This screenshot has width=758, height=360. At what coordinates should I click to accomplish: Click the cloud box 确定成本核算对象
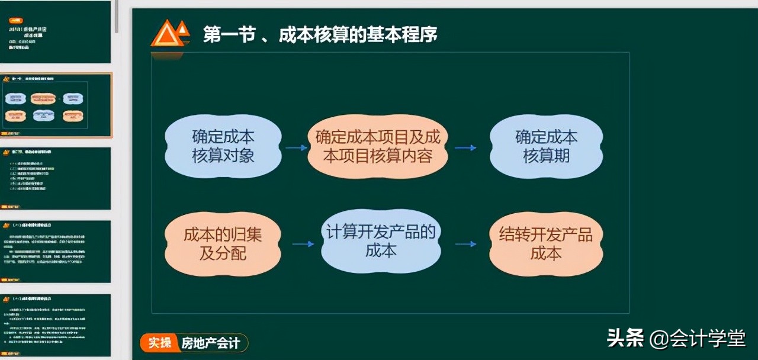(223, 147)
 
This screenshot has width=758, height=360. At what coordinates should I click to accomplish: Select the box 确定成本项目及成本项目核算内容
(378, 147)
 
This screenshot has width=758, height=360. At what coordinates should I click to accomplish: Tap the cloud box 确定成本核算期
(546, 147)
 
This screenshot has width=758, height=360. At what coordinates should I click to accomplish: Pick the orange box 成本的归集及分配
(223, 243)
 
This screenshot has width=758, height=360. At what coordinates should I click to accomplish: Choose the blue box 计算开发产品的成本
(381, 241)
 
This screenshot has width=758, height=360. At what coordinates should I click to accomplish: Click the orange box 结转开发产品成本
(545, 243)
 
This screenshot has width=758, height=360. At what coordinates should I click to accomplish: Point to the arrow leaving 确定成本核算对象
(296, 147)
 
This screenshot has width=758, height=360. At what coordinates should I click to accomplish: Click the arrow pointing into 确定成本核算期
(465, 147)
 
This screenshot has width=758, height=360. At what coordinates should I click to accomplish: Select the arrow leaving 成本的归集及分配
(303, 243)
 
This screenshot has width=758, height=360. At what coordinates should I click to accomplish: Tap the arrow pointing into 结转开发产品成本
(465, 243)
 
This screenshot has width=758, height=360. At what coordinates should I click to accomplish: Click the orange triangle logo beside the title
(170, 34)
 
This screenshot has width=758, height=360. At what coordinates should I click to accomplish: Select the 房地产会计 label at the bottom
(211, 343)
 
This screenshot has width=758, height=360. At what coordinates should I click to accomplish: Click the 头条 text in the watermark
(625, 338)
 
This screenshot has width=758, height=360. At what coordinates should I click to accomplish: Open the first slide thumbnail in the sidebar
(55, 32)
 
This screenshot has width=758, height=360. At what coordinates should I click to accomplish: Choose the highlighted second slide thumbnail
(55, 105)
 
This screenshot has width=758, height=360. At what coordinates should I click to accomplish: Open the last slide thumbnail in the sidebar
(55, 325)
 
